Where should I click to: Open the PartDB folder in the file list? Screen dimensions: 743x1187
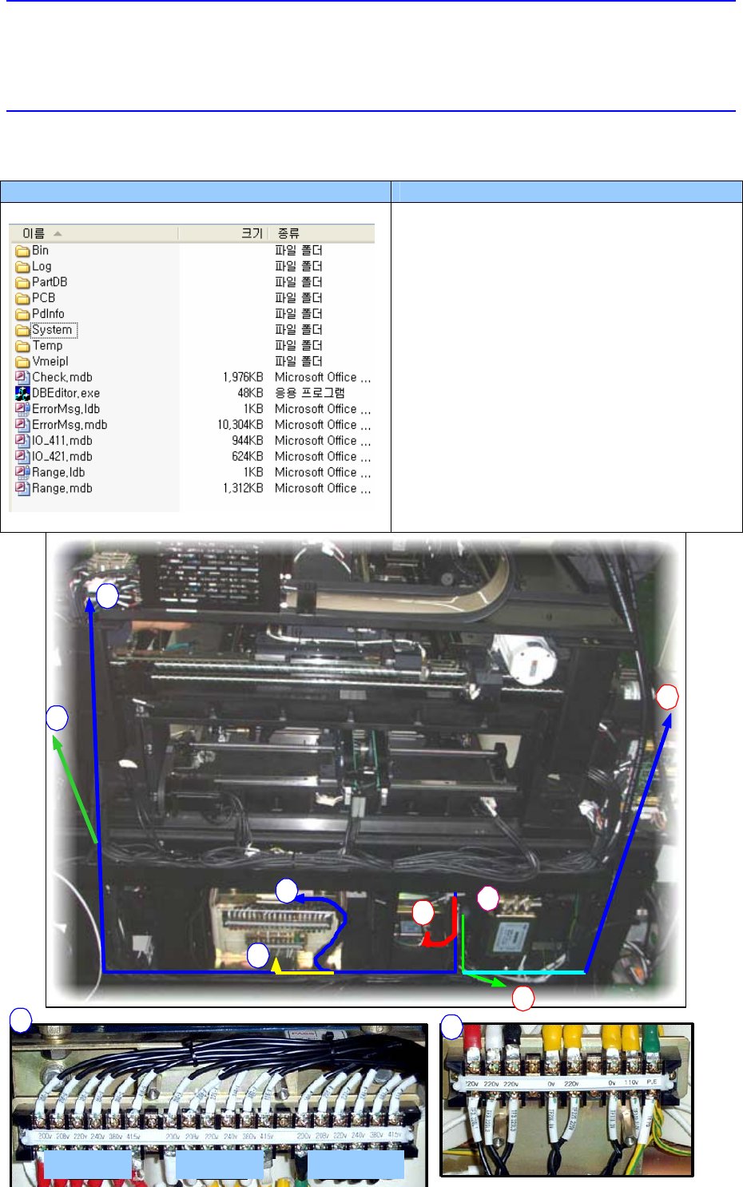pyautogui.click(x=50, y=282)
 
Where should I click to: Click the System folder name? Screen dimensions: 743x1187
pyautogui.click(x=53, y=330)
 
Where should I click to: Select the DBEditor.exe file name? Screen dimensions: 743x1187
pyautogui.click(x=66, y=393)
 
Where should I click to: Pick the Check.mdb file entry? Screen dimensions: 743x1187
pyautogui.click(x=62, y=377)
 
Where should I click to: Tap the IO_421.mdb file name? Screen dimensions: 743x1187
pyautogui.click(x=62, y=457)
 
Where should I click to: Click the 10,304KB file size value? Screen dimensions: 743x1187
pyautogui.click(x=240, y=425)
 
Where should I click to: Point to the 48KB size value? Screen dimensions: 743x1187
pyautogui.click(x=250, y=393)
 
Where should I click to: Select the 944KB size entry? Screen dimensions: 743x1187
pyautogui.click(x=247, y=441)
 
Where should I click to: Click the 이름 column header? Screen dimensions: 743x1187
pyautogui.click(x=34, y=233)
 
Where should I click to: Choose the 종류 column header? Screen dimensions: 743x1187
pyautogui.click(x=288, y=233)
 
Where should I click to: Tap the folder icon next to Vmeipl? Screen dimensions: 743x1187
pyautogui.click(x=22, y=362)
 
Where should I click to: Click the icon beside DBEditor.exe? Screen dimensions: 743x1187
pyautogui.click(x=22, y=393)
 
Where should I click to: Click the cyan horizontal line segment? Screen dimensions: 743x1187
pyautogui.click(x=524, y=972)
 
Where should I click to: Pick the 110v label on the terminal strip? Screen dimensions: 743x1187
pyautogui.click(x=630, y=1082)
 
